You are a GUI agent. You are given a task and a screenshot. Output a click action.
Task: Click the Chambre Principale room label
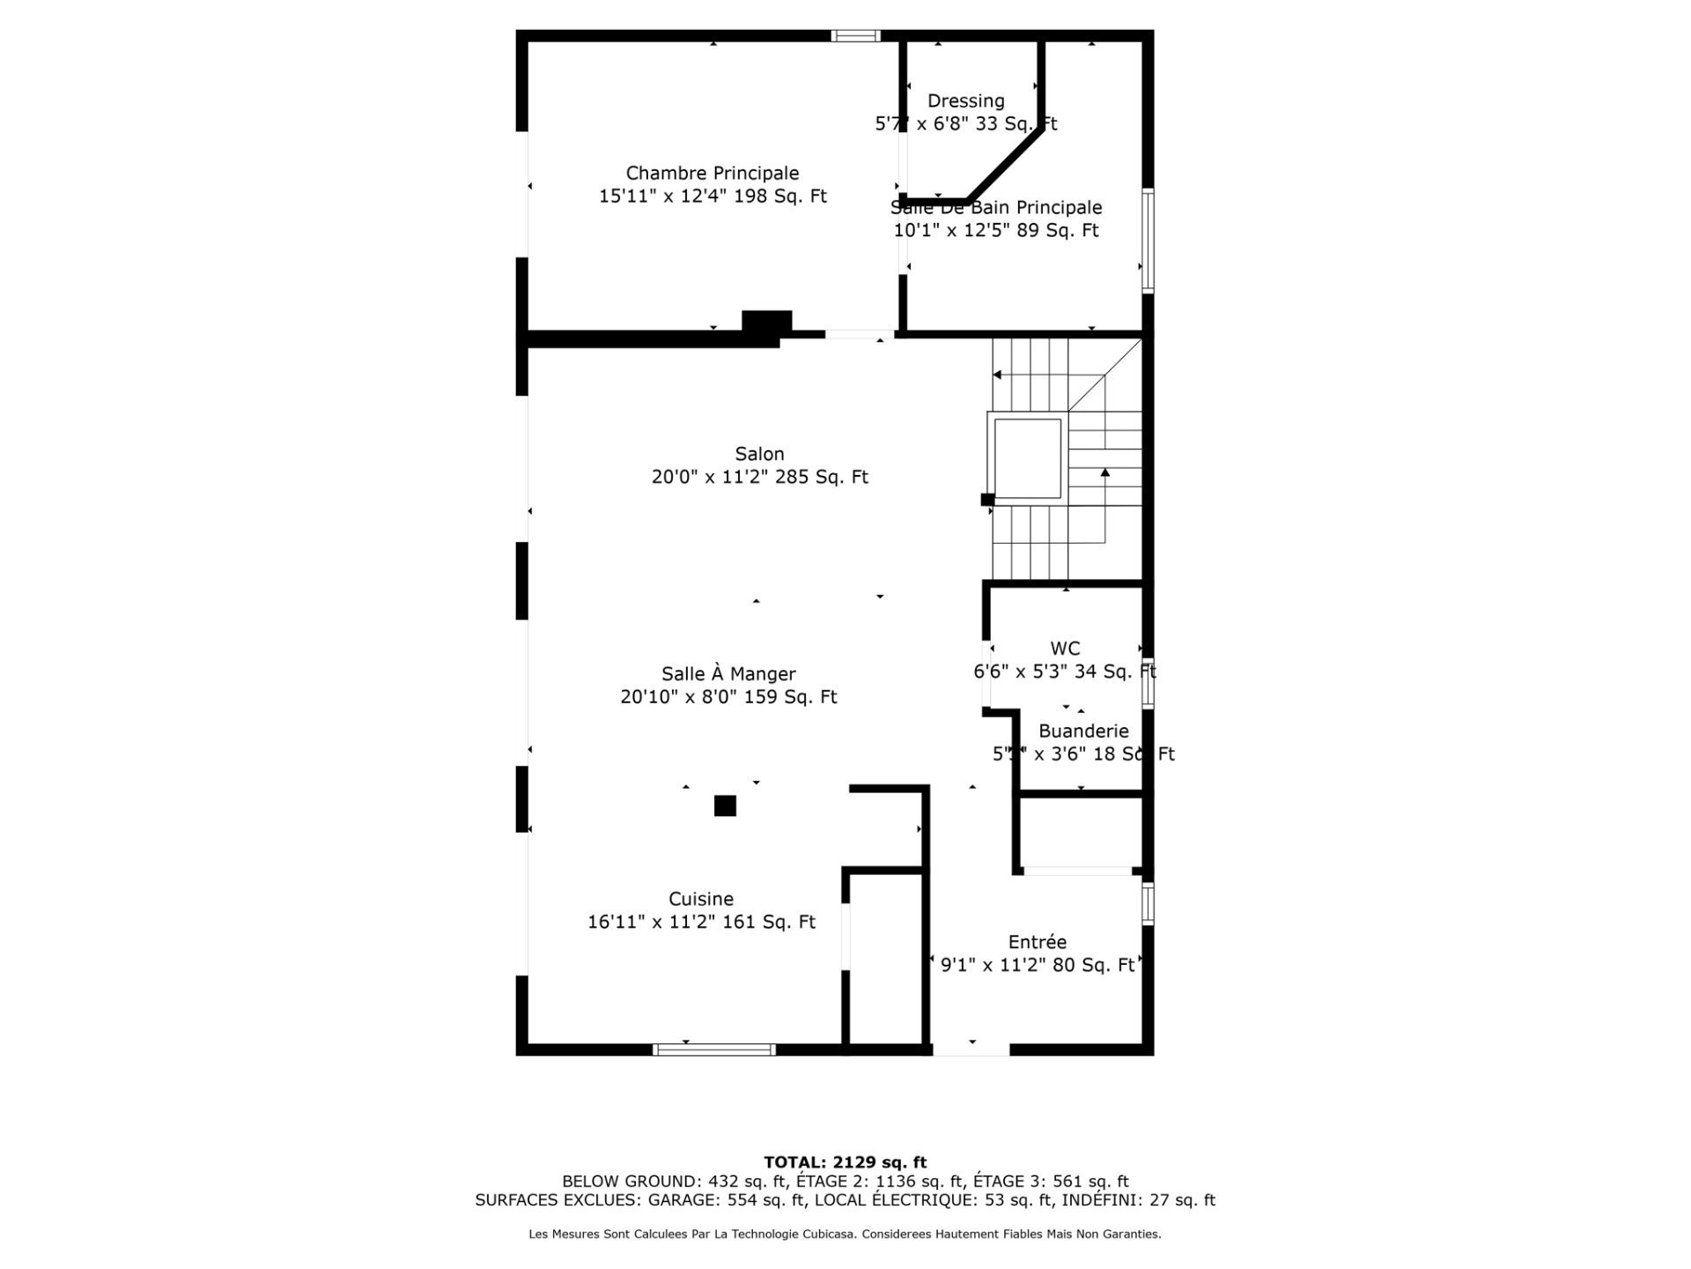(x=713, y=174)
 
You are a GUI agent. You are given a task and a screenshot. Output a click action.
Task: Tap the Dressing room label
(x=965, y=101)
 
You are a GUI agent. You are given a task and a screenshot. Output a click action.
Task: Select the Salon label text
(x=759, y=455)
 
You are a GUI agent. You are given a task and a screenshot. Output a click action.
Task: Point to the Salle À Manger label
(x=728, y=674)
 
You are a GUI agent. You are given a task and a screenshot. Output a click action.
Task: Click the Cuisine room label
(x=701, y=900)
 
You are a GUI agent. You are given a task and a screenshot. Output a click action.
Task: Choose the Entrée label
(x=1037, y=942)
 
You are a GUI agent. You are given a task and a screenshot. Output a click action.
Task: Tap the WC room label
(x=1065, y=649)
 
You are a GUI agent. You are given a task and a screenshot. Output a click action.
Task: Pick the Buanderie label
(x=1083, y=731)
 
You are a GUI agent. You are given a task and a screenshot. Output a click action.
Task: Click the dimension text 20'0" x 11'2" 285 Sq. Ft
(x=759, y=478)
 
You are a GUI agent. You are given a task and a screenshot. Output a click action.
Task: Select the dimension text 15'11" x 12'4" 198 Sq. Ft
(x=713, y=197)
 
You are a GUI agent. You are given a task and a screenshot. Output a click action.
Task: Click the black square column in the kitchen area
(x=725, y=805)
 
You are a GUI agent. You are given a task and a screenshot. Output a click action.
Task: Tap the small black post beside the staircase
(x=987, y=500)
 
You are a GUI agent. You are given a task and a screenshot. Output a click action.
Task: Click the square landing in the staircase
(x=1028, y=457)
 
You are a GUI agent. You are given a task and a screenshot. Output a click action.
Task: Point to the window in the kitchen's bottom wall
(x=714, y=1050)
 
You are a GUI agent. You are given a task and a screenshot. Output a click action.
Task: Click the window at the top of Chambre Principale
(x=856, y=36)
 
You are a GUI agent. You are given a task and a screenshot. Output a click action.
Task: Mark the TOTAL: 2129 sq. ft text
(x=845, y=1162)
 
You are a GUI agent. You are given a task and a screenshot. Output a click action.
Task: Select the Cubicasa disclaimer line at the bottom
(x=845, y=1235)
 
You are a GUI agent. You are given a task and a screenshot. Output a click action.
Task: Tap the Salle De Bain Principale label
(x=996, y=208)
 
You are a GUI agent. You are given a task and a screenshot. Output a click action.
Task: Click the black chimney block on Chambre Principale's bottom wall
(x=766, y=323)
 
